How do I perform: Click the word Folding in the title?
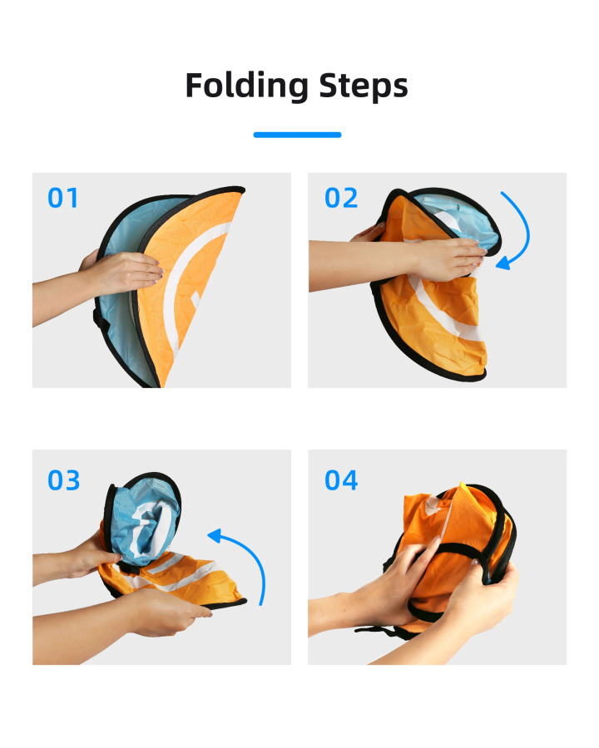coord(246,86)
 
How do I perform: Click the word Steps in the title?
coord(364,86)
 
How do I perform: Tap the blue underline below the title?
coord(297,135)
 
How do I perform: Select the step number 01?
coord(62,198)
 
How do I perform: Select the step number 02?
coord(341,198)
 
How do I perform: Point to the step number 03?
coord(63,480)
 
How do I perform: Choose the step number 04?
coord(341,480)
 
